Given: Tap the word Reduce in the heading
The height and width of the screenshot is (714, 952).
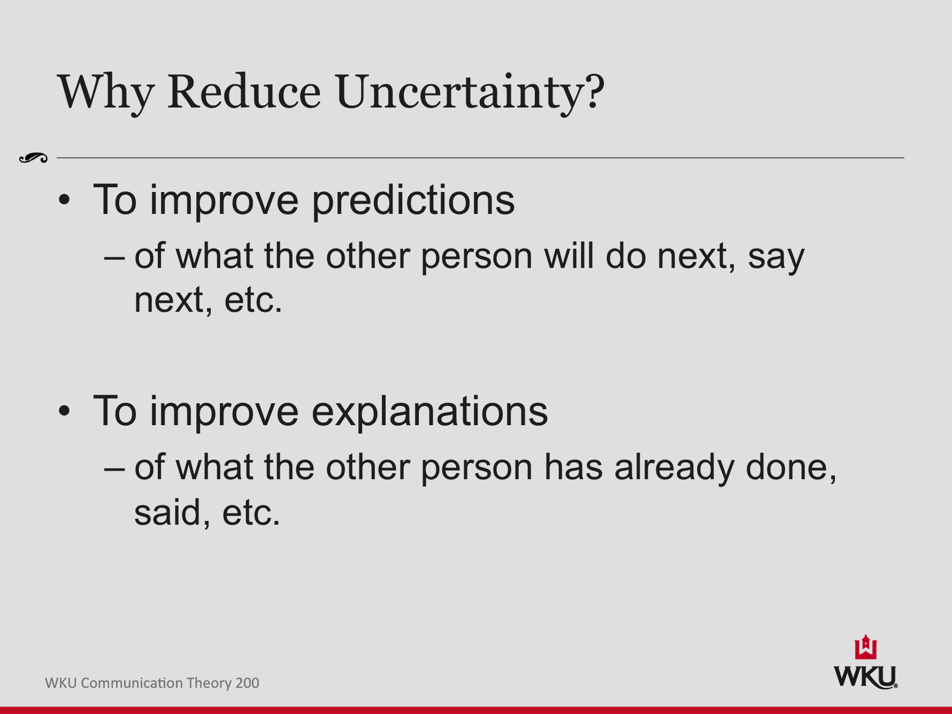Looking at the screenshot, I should coord(244,92).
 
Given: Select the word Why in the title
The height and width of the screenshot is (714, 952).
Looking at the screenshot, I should coord(105,92).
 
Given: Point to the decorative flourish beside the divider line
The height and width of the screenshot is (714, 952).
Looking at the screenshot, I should coord(33,158).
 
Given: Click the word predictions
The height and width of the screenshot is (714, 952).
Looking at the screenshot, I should coord(413,201).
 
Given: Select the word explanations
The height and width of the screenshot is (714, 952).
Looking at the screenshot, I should coord(429,412).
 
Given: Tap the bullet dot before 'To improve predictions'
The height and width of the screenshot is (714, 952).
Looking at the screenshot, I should coord(64,200).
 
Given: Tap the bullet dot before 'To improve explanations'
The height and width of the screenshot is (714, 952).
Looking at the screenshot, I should coord(64,411).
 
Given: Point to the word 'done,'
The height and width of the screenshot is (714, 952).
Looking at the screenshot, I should coord(791,468).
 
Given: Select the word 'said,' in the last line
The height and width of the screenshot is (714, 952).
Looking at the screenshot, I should coord(172,513).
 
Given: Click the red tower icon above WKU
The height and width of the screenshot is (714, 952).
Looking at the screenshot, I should coord(865,648).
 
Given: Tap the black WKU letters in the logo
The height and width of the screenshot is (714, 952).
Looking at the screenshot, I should coord(865,677).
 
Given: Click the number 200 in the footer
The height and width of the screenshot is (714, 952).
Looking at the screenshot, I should coord(247,683).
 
